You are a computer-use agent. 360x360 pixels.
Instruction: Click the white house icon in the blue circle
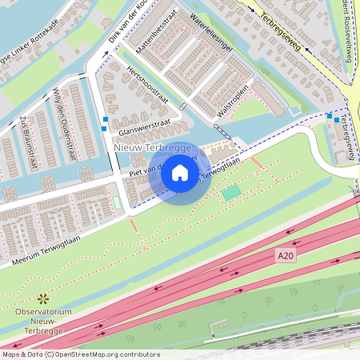180,172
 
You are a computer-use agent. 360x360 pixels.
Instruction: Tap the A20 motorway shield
285,255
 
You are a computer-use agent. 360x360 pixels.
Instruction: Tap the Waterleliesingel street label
213,33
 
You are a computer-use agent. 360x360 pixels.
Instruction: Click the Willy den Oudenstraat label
62,113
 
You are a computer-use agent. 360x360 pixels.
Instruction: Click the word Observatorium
44,311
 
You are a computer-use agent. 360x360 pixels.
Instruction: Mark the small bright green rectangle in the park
231,192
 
